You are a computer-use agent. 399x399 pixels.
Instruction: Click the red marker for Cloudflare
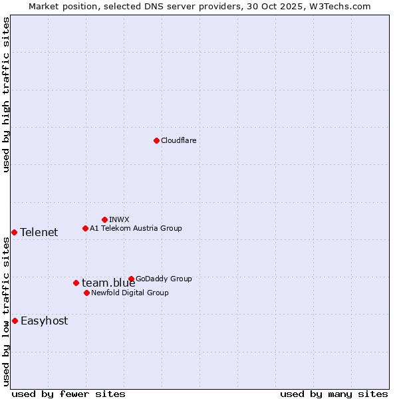[156, 140]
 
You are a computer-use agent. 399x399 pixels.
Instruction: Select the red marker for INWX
[104, 219]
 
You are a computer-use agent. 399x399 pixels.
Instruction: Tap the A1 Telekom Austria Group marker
[85, 228]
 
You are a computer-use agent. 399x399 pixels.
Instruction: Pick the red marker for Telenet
[14, 232]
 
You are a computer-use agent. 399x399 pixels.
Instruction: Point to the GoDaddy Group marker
[131, 279]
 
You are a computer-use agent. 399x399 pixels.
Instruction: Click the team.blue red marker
[76, 283]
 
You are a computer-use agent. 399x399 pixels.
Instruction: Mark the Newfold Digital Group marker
[86, 293]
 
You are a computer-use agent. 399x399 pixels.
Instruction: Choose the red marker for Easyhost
[15, 321]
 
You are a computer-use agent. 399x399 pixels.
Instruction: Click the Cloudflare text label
[178, 140]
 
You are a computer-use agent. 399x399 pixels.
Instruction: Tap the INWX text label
[119, 219]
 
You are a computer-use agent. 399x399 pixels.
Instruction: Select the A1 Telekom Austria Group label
[136, 228]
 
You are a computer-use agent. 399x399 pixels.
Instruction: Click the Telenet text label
[39, 232]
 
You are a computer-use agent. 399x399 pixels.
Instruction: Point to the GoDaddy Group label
[164, 279]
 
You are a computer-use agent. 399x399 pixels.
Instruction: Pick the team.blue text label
[108, 283]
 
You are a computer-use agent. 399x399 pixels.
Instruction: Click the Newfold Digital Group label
[130, 293]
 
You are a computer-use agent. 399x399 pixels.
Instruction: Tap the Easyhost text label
[44, 321]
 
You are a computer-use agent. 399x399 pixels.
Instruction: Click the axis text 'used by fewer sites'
[68, 394]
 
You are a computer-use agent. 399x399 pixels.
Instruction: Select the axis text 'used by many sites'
[334, 394]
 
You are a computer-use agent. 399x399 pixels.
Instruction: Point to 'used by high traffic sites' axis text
[7, 94]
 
